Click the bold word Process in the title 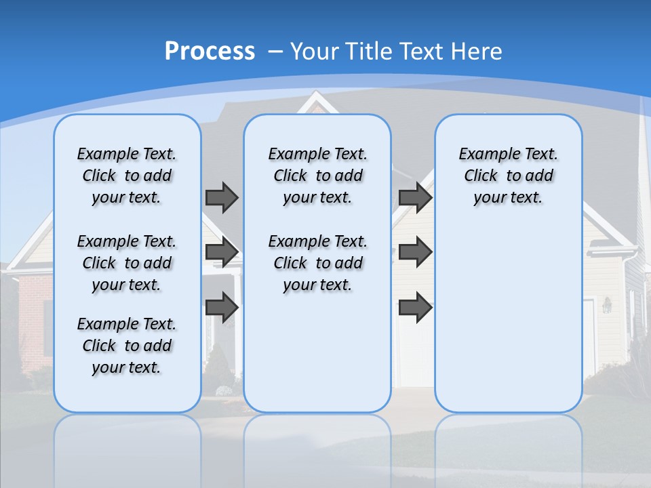pos(210,51)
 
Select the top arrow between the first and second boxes pos(222,197)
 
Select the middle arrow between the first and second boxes pos(222,252)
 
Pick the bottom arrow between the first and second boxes pos(222,307)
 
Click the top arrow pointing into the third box pos(415,197)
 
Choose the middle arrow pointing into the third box pos(415,252)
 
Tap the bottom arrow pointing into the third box pos(415,307)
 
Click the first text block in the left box pos(127,176)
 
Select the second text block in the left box pos(127,263)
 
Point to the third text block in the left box pos(127,346)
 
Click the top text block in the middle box pos(317,176)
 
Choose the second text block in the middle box pos(317,263)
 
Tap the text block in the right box pos(508,176)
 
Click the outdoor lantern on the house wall pos(607,305)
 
